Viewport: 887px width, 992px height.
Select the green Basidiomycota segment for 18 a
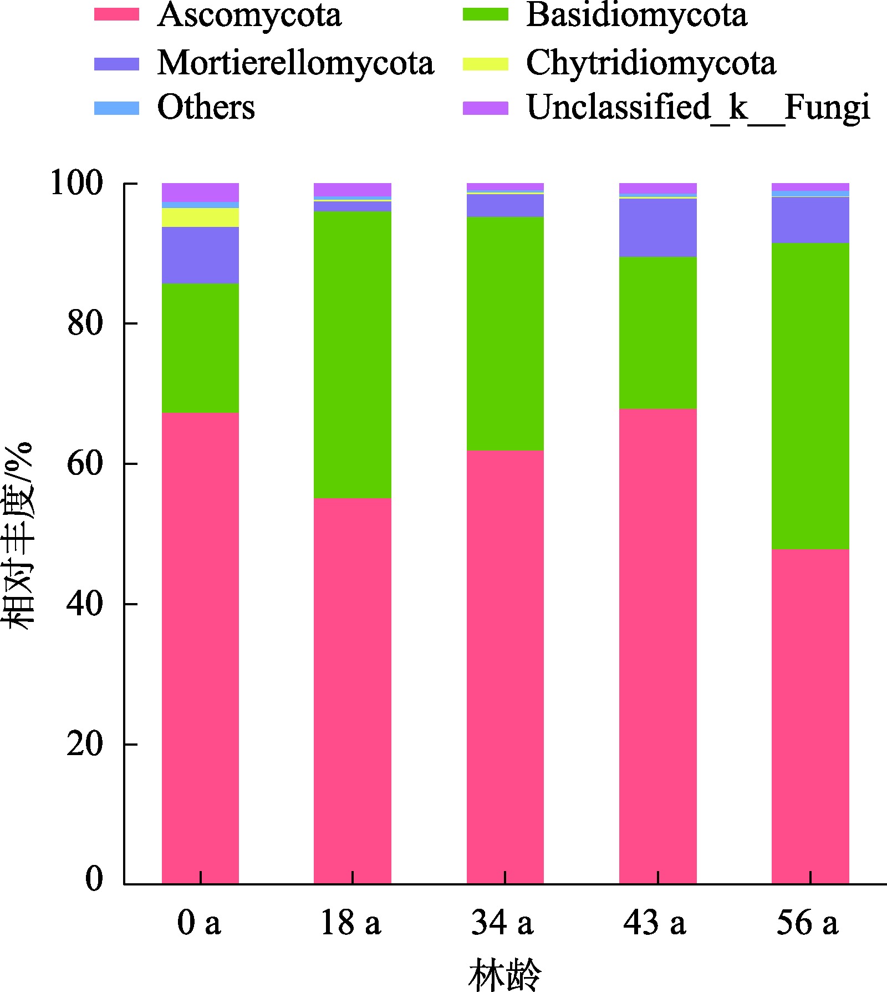point(353,355)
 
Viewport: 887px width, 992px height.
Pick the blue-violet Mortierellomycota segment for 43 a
point(657,227)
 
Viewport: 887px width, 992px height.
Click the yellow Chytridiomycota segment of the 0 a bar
point(200,217)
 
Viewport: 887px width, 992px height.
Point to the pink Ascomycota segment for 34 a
point(505,666)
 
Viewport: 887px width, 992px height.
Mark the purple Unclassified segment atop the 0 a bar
point(200,192)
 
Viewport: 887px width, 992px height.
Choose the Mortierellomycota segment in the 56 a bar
point(810,220)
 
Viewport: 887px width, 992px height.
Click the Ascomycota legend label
point(249,16)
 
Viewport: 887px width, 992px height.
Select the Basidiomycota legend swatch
point(485,14)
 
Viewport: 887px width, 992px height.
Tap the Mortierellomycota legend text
point(295,63)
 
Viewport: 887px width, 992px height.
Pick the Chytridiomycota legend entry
point(651,63)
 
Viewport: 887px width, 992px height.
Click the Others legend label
point(206,107)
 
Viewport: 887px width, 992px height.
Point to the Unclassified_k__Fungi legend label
point(698,107)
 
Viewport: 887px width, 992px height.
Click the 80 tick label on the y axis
point(85,323)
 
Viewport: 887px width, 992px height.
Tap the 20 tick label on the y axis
point(85,745)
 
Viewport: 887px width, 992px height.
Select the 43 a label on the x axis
point(655,923)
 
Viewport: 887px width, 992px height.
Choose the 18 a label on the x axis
point(351,923)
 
